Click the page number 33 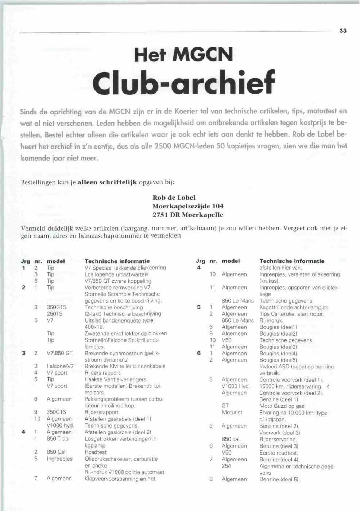[x=342, y=31]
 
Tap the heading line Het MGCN [x=183, y=55]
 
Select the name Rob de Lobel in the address [x=174, y=198]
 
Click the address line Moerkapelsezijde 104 [x=188, y=206]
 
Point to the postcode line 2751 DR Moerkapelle [x=187, y=215]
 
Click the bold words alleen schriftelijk [x=107, y=182]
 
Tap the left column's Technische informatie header [x=117, y=261]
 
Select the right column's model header [x=231, y=261]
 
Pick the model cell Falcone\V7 [x=60, y=366]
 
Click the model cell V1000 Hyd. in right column [x=236, y=386]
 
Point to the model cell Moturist [x=232, y=413]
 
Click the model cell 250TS [x=55, y=314]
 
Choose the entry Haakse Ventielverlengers [x=115, y=379]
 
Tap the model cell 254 [x=226, y=466]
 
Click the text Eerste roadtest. [x=279, y=453]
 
